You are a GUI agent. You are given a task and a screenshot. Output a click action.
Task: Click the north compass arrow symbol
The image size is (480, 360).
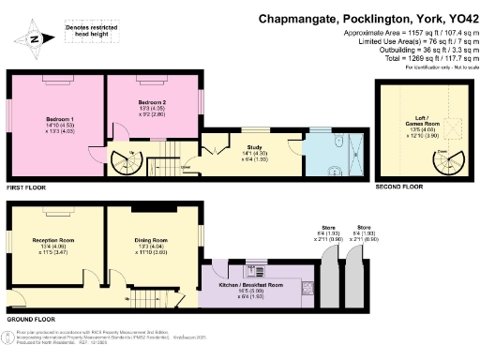(31, 38)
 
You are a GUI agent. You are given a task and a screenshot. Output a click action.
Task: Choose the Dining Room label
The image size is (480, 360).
(150, 240)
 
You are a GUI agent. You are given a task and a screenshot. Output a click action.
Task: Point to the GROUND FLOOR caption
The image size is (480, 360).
(27, 319)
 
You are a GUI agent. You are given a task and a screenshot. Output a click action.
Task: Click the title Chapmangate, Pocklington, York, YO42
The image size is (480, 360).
(366, 18)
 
